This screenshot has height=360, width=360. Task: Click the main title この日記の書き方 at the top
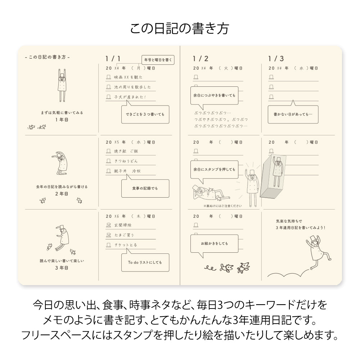click(179, 28)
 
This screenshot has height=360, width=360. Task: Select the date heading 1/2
click(201, 59)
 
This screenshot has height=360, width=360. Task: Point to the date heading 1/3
click(276, 59)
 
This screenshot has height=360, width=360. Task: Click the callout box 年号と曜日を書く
click(158, 60)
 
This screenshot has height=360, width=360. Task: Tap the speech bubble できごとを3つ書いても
click(145, 114)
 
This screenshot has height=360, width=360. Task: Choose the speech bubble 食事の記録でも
click(145, 188)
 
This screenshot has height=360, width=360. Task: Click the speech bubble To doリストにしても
click(145, 262)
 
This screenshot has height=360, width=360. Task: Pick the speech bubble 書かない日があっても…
click(293, 114)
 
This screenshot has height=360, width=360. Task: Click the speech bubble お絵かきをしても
click(214, 244)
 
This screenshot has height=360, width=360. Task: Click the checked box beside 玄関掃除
click(109, 225)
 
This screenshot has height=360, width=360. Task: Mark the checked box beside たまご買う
click(109, 235)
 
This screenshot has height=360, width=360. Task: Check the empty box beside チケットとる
click(109, 245)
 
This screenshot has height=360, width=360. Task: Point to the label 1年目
click(62, 119)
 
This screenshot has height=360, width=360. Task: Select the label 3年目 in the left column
click(62, 267)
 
